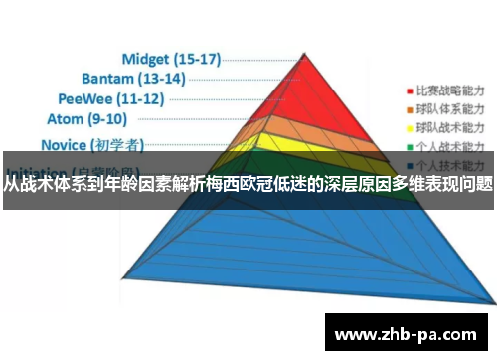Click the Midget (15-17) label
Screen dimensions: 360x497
(x=170, y=58)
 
